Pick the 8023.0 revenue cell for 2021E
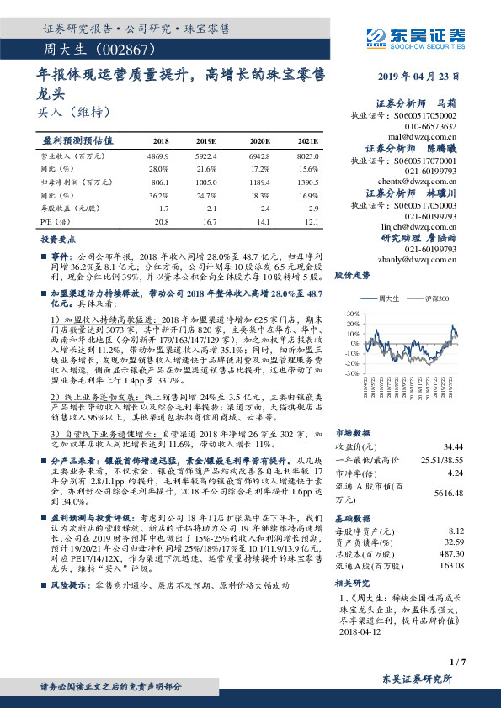coord(306,156)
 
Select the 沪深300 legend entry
coord(435,299)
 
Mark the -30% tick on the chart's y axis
coord(350,372)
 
